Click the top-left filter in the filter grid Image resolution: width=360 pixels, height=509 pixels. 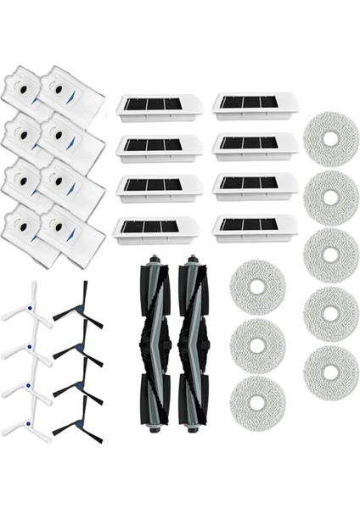(160, 107)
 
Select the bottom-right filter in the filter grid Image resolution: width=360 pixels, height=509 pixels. (255, 227)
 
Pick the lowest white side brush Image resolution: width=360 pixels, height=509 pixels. (25, 423)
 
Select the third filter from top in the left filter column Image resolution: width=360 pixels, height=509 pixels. (160, 187)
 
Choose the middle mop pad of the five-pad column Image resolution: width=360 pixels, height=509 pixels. (329, 255)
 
